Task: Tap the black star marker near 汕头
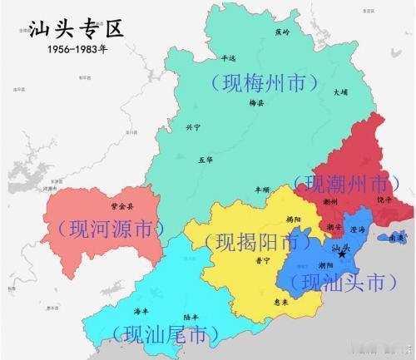coord(341,254)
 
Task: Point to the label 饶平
coord(384,200)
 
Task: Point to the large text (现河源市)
coord(106,227)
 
